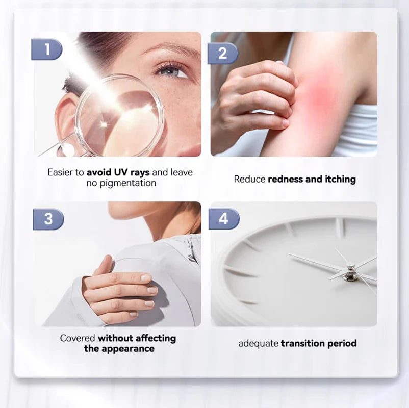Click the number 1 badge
[x=47, y=49]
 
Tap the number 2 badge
[x=223, y=53]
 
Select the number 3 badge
[x=48, y=219]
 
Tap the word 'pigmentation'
[x=121, y=183]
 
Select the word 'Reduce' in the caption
[x=249, y=179]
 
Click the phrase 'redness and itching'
[x=312, y=179]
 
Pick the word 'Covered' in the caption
[x=78, y=338]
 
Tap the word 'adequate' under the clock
[x=258, y=344]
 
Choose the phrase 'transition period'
[x=319, y=344]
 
